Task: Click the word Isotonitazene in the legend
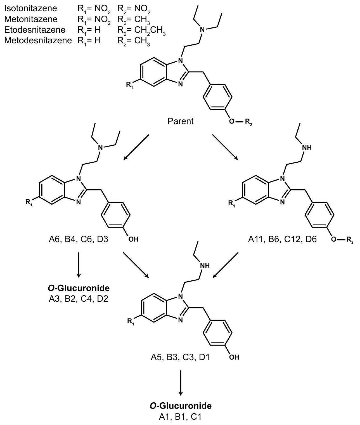tap(30, 8)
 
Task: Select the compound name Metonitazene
tap(31, 19)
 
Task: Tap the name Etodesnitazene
tap(35, 30)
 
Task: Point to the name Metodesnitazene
tap(38, 40)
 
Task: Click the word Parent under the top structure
tap(181, 121)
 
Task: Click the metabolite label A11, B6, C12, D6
tap(283, 239)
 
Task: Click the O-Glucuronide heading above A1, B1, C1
tap(181, 406)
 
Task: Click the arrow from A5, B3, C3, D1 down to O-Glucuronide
tap(181, 383)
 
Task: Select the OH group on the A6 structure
tap(133, 239)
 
